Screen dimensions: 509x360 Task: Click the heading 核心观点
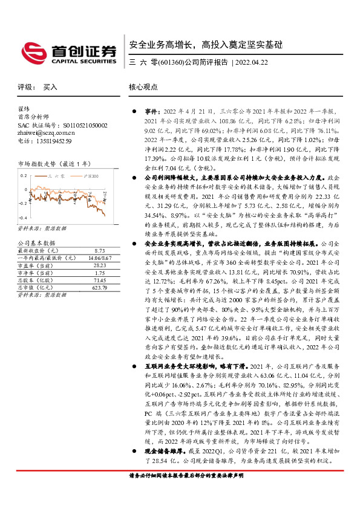click(x=144, y=87)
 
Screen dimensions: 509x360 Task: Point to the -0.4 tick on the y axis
click(x=23, y=217)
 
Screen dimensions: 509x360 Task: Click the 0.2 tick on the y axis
click(x=24, y=175)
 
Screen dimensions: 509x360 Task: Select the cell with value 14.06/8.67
click(x=99, y=257)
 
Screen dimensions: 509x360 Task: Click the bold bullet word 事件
click(x=151, y=112)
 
